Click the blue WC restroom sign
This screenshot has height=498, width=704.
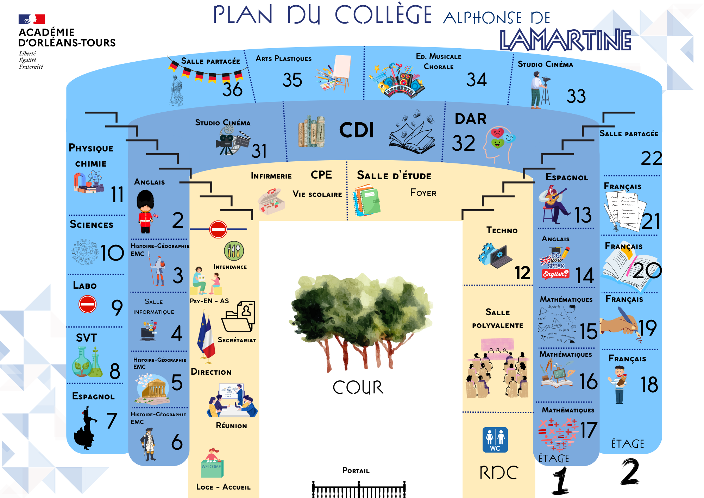pyautogui.click(x=495, y=440)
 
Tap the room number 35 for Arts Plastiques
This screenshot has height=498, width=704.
pyautogui.click(x=292, y=80)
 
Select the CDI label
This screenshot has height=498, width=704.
pyautogui.click(x=356, y=130)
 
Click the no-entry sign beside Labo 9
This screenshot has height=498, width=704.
pyautogui.click(x=87, y=304)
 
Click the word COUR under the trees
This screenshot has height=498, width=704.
pyautogui.click(x=358, y=387)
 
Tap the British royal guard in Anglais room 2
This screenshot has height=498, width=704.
pyautogui.click(x=146, y=212)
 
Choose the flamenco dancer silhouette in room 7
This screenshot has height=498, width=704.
pyautogui.click(x=84, y=428)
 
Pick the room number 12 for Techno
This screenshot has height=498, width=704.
pyautogui.click(x=522, y=273)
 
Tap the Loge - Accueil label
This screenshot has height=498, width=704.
pyautogui.click(x=223, y=487)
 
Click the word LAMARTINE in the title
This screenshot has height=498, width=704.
pyautogui.click(x=565, y=40)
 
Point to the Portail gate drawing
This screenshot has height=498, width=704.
pyautogui.click(x=359, y=489)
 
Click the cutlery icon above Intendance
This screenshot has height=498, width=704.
pyautogui.click(x=234, y=251)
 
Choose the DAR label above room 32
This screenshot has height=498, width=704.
pyautogui.click(x=471, y=119)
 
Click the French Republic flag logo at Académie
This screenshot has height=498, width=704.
pyautogui.click(x=32, y=19)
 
